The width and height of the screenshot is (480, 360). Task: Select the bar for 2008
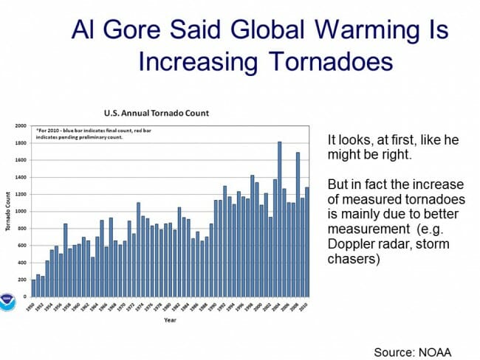298,224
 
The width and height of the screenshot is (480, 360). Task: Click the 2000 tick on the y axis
20,125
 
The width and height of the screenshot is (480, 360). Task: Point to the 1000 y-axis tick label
20,211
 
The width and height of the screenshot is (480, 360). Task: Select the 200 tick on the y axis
21,280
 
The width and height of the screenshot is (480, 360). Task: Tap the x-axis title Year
170,320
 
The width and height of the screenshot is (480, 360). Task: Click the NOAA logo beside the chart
8,303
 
